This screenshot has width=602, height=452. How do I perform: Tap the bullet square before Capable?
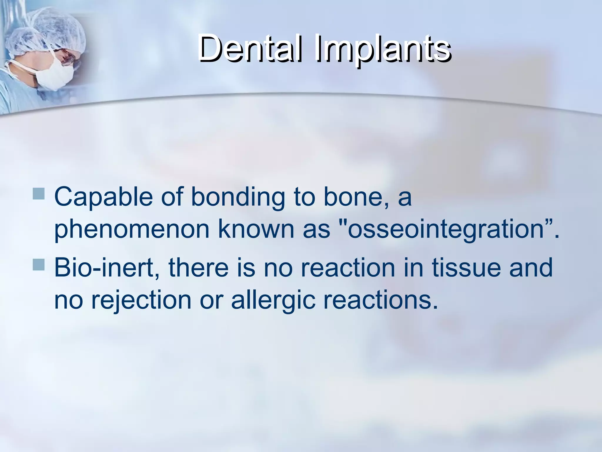click(39, 194)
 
